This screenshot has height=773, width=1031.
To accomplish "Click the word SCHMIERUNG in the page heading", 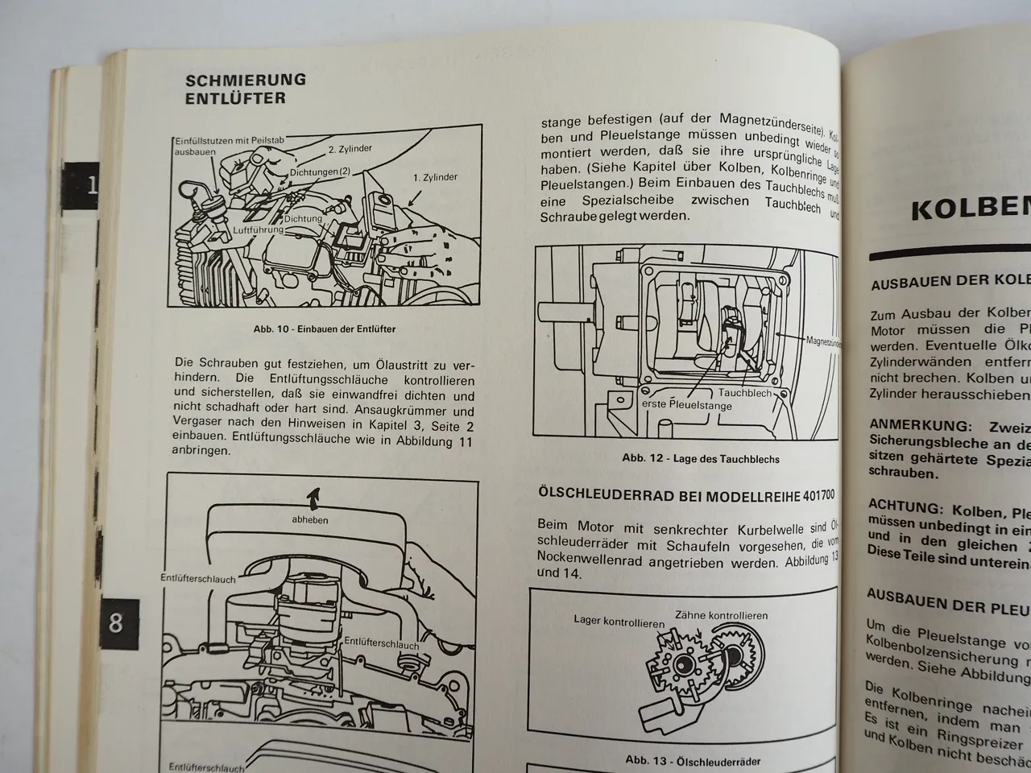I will pyautogui.click(x=246, y=80).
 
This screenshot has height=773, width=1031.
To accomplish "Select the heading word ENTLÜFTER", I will pyautogui.click(x=235, y=98).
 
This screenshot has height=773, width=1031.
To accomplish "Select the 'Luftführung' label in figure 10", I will pyautogui.click(x=259, y=230).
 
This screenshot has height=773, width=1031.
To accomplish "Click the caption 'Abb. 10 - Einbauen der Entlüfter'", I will pyautogui.click(x=325, y=329).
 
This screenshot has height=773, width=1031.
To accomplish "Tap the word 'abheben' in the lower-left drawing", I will pyautogui.click(x=309, y=520).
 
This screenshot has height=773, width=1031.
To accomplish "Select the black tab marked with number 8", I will pyautogui.click(x=117, y=623).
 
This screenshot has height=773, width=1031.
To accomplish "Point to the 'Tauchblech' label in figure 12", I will pyautogui.click(x=745, y=394).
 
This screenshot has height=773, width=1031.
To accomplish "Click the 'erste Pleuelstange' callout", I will pyautogui.click(x=687, y=406).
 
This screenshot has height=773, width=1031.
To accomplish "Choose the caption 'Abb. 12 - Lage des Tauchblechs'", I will pyautogui.click(x=700, y=459).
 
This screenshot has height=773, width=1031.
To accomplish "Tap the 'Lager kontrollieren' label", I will pyautogui.click(x=619, y=622).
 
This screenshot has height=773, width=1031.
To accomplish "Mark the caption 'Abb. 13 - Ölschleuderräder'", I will pyautogui.click(x=692, y=760).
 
